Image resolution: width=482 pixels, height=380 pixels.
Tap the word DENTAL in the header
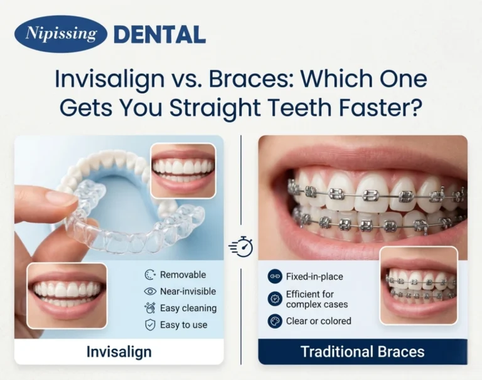159,34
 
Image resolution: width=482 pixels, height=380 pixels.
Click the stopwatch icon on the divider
241,246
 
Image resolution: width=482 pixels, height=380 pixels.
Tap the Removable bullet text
183,275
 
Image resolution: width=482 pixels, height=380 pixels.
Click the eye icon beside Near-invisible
150,291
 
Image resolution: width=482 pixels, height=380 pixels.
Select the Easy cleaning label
188,308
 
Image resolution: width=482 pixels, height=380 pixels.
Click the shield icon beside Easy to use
150,325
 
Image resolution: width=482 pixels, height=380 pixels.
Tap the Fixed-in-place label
314,277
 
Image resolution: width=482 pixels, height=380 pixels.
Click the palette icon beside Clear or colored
274,321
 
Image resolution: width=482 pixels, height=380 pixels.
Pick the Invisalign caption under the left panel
119,352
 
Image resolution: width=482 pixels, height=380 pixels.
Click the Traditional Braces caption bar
362,351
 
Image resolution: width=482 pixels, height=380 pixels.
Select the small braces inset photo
419,285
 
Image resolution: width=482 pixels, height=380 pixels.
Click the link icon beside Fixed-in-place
274,277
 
